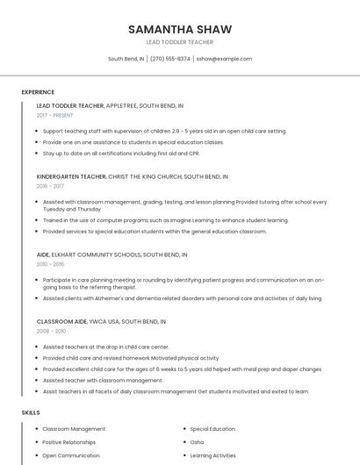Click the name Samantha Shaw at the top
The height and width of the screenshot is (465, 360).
179,29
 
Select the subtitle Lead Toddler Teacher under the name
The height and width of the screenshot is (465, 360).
179,42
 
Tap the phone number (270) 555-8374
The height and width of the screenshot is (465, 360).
170,59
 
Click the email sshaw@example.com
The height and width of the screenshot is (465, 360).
224,59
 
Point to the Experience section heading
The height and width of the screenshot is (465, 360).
38,92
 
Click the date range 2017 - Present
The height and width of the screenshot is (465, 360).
55,115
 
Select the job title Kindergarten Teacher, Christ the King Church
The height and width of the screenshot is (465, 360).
132,176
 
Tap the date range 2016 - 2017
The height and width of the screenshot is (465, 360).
50,186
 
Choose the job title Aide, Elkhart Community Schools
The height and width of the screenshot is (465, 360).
111,254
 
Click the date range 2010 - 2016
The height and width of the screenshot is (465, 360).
50,264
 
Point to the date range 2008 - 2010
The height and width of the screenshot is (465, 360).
51,332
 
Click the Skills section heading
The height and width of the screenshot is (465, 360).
31,411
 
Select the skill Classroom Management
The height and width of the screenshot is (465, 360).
74,429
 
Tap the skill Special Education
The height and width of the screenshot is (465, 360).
212,429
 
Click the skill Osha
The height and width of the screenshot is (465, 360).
197,442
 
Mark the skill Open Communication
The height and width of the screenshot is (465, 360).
71,455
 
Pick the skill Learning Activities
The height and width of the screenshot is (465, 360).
212,455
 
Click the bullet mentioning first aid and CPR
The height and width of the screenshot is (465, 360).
128,153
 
